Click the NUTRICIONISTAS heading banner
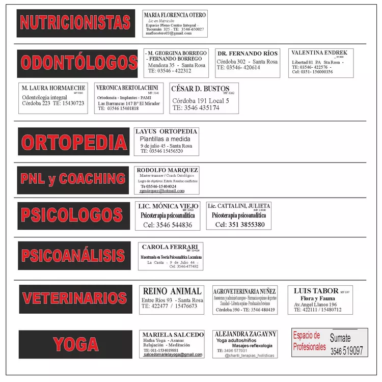[75, 23]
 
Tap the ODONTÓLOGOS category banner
[77, 63]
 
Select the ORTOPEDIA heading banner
[73, 142]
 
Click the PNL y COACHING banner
[73, 179]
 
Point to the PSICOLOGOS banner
[74, 216]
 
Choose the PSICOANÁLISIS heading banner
[74, 255]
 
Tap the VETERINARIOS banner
[75, 298]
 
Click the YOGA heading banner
[75, 344]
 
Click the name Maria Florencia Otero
[175, 15]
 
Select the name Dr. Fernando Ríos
[247, 53]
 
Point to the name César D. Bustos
[200, 89]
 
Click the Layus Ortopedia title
[167, 131]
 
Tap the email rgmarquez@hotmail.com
[162, 191]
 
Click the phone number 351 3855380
[240, 225]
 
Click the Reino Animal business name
[172, 291]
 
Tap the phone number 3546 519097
[346, 351]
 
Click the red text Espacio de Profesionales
[309, 341]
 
